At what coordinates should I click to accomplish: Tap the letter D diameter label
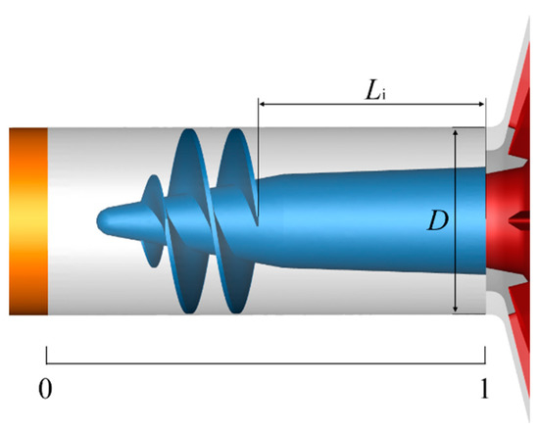pyautogui.click(x=437, y=221)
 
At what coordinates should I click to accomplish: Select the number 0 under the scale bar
pyautogui.click(x=44, y=388)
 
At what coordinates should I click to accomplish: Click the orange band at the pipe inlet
pyautogui.click(x=28, y=221)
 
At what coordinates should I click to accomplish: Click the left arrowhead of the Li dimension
pyautogui.click(x=263, y=101)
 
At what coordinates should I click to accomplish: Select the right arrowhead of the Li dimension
pyautogui.click(x=481, y=101)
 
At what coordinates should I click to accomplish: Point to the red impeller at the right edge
pyautogui.click(x=510, y=221)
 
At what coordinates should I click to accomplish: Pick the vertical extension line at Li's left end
pyautogui.click(x=258, y=147)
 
